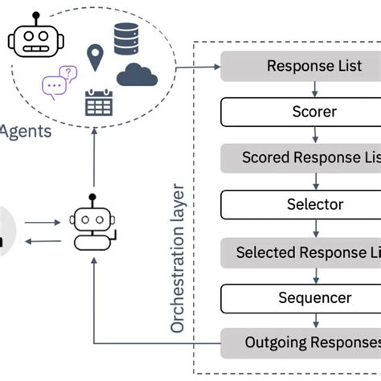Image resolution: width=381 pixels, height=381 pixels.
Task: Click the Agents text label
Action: point(26,130)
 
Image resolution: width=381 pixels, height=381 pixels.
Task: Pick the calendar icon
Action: point(100,102)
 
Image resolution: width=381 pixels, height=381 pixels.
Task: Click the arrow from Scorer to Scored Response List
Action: point(301,134)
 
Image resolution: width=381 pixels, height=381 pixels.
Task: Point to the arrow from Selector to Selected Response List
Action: point(301,228)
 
